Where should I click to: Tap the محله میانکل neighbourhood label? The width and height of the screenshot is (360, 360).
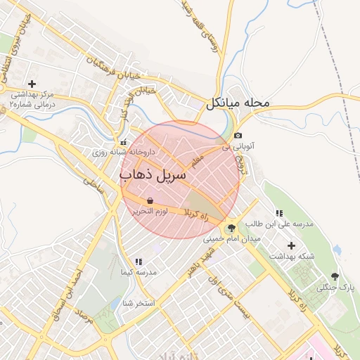tap(238, 103)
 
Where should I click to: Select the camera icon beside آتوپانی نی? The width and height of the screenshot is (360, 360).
tap(238, 136)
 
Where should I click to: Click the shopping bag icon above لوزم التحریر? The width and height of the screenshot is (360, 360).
tap(151, 200)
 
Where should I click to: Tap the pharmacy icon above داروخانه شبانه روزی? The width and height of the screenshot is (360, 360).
tap(114, 141)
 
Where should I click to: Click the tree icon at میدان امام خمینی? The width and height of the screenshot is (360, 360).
tap(231, 228)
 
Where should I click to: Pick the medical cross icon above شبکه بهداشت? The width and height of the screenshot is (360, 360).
tap(291, 245)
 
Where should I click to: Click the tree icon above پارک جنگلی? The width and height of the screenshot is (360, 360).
tap(334, 276)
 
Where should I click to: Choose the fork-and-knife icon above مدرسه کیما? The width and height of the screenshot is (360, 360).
tap(138, 262)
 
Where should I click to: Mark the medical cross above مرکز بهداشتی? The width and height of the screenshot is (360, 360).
tap(32, 84)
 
